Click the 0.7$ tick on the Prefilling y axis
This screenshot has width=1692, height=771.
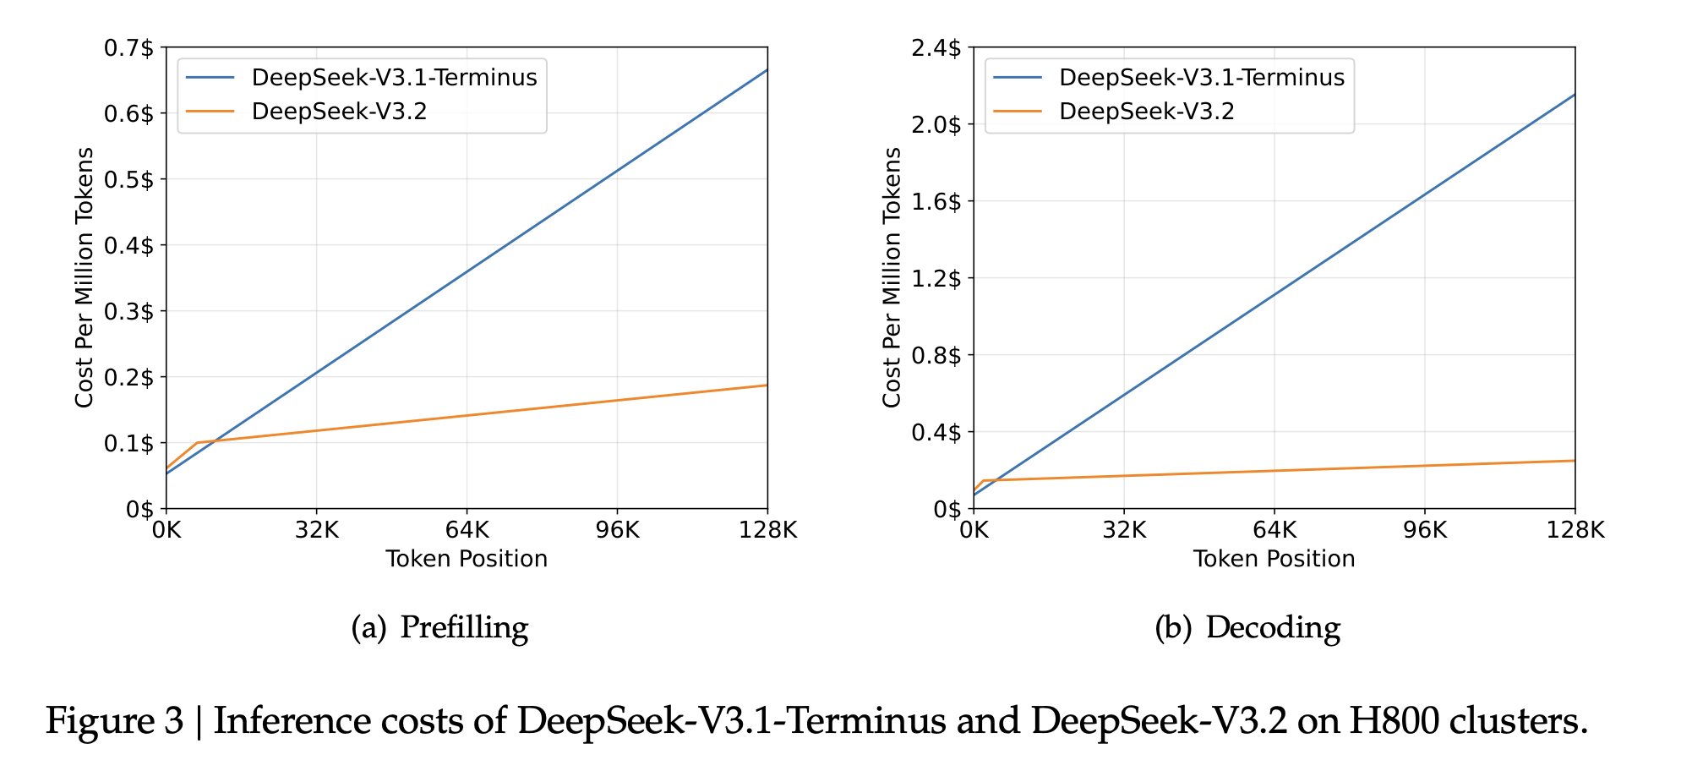click(x=128, y=48)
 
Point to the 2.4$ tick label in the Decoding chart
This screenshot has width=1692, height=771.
click(x=936, y=48)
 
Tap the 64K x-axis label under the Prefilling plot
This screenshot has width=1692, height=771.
click(x=467, y=530)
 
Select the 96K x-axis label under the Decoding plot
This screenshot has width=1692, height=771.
click(x=1424, y=530)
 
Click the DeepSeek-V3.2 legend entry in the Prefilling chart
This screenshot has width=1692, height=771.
click(x=339, y=112)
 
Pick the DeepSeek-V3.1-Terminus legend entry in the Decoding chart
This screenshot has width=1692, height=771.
click(x=1201, y=78)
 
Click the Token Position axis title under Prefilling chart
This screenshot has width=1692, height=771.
click(x=467, y=559)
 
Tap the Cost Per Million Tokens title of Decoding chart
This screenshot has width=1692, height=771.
click(x=892, y=277)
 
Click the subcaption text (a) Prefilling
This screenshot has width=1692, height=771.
click(x=439, y=627)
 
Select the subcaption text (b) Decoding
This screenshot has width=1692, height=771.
click(x=1247, y=627)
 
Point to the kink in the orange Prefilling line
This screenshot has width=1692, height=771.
click(x=197, y=442)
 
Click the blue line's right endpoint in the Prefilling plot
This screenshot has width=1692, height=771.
click(x=767, y=70)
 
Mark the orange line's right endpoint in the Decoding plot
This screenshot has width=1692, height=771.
click(x=1575, y=461)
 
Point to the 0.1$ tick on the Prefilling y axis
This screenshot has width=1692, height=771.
click(x=128, y=443)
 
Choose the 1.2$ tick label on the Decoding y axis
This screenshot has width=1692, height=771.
click(x=936, y=278)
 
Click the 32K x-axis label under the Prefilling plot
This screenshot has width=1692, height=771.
click(x=316, y=530)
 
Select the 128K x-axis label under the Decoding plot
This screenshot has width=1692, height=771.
click(x=1575, y=530)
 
